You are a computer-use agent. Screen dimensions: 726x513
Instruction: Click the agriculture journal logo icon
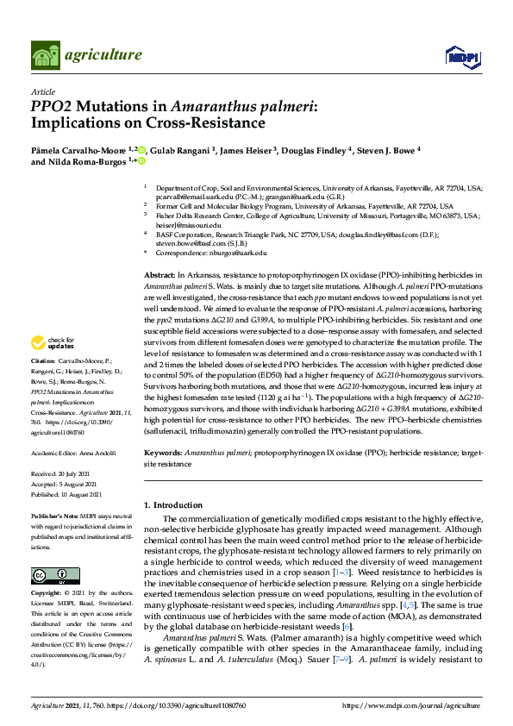click(x=45, y=55)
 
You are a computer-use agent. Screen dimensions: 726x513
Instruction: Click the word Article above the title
click(x=42, y=92)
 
